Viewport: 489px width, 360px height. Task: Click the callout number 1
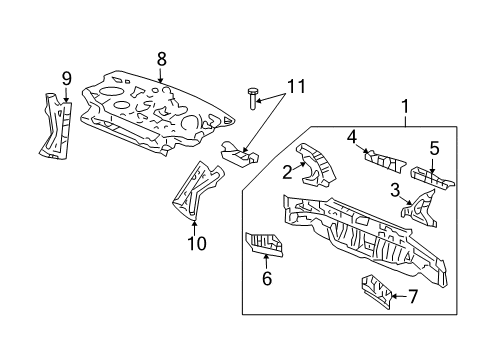click(x=404, y=106)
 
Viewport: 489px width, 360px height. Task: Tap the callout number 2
click(x=286, y=173)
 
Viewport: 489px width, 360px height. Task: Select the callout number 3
click(x=395, y=189)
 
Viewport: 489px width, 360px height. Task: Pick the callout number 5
click(x=434, y=149)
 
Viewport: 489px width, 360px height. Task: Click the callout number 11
click(x=292, y=88)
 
